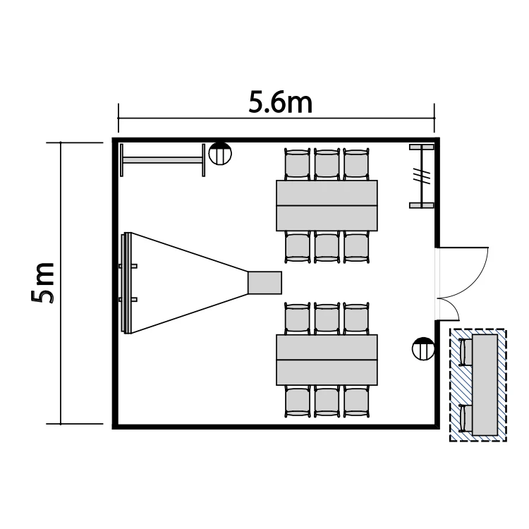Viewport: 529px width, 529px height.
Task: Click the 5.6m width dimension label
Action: pyautogui.click(x=280, y=102)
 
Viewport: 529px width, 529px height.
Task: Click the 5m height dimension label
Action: pyautogui.click(x=42, y=283)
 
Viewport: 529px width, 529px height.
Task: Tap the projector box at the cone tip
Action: pyautogui.click(x=264, y=283)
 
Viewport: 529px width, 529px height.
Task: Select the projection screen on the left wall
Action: pyautogui.click(x=126, y=283)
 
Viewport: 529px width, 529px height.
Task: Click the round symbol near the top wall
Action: pyautogui.click(x=220, y=154)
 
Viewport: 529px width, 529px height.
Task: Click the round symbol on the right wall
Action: pyautogui.click(x=423, y=348)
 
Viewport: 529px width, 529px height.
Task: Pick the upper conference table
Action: pyautogui.click(x=327, y=205)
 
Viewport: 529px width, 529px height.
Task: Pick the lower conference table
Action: pyautogui.click(x=327, y=360)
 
